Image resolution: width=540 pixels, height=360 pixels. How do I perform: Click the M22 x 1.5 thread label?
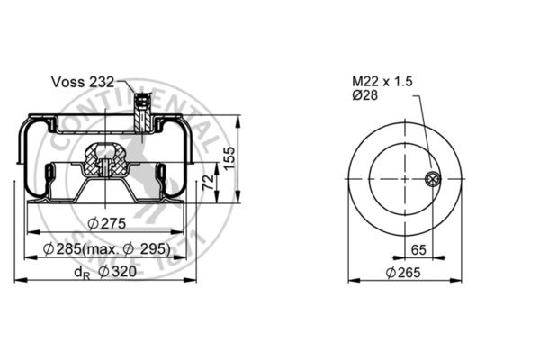[x=382, y=82]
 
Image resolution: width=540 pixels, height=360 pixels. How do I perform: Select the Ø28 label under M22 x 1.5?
[x=364, y=96]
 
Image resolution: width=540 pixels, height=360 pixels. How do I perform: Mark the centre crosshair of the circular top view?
[x=404, y=178]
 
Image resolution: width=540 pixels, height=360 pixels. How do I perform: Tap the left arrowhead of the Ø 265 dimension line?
[x=352, y=281]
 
